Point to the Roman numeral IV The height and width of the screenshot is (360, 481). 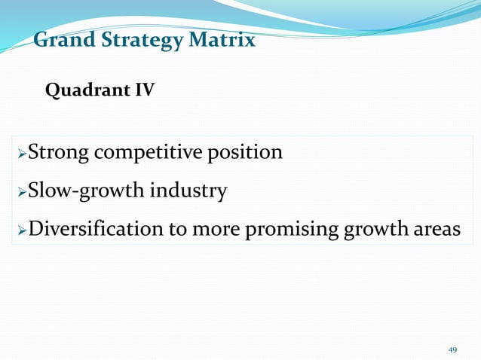(x=145, y=91)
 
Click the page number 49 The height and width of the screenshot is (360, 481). (x=452, y=349)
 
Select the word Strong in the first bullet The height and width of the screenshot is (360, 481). (x=57, y=153)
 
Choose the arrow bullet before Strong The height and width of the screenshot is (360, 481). (x=21, y=154)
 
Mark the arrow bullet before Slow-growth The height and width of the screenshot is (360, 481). (x=21, y=192)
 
